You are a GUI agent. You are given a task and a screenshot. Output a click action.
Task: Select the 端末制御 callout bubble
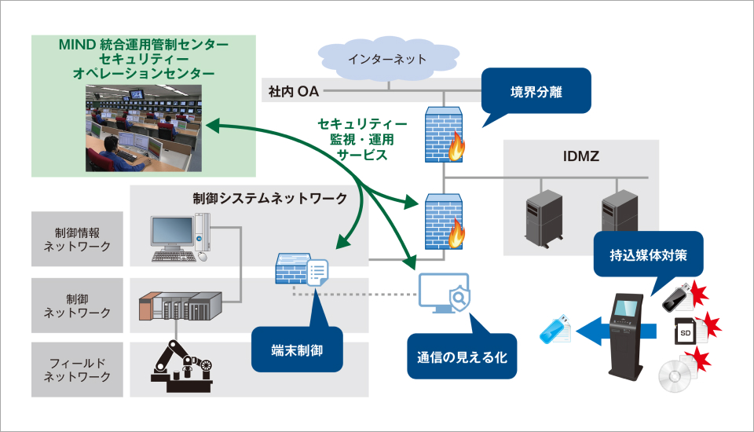(298, 349)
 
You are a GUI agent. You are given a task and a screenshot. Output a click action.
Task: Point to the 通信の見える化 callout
(462, 357)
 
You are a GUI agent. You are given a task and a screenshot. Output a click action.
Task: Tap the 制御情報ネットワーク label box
(77, 240)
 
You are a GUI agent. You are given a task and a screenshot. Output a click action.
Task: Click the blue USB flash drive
(556, 329)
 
